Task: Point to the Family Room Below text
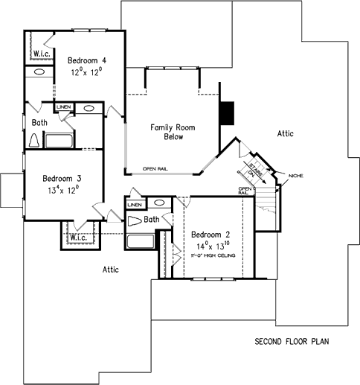[x=173, y=133]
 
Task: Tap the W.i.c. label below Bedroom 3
[x=79, y=238]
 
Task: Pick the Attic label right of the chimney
[x=285, y=133]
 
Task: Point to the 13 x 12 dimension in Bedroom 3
[x=60, y=189]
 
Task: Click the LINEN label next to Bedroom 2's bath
[x=135, y=205]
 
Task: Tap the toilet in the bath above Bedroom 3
[x=35, y=140]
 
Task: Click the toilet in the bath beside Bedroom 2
[x=135, y=220]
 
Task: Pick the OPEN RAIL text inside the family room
[x=155, y=169]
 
